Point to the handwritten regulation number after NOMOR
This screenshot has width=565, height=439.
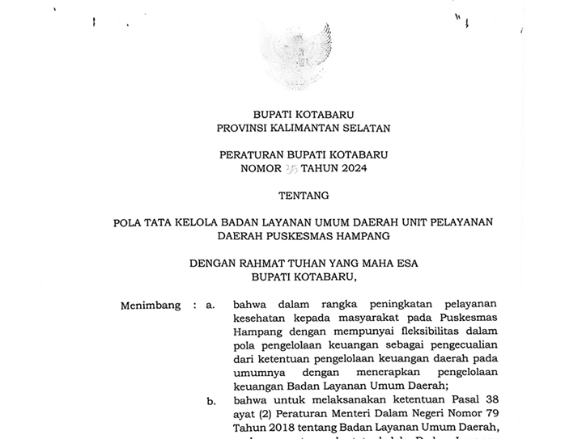(x=291, y=168)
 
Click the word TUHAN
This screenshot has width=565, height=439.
(x=312, y=263)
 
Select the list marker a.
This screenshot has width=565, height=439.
(x=210, y=306)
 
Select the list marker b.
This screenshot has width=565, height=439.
(x=210, y=400)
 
